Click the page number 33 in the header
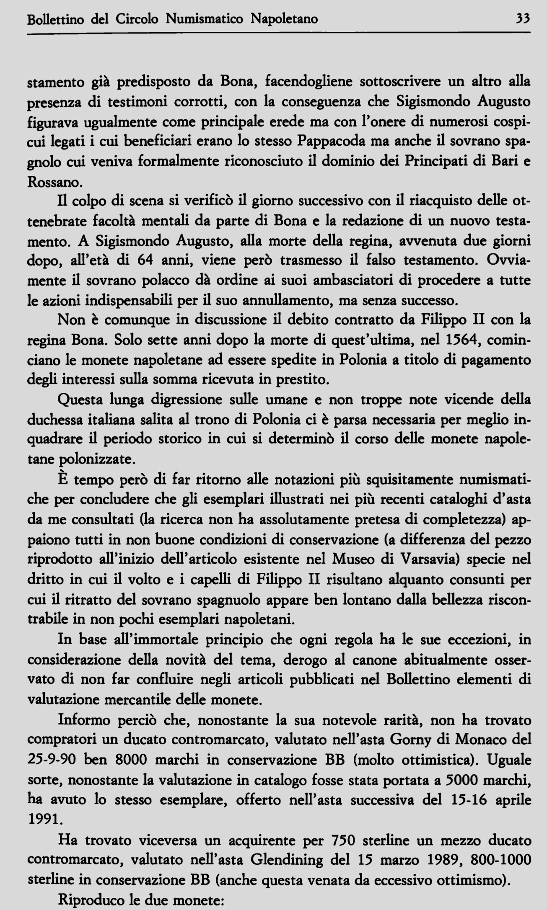(x=523, y=19)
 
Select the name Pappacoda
(x=332, y=142)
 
